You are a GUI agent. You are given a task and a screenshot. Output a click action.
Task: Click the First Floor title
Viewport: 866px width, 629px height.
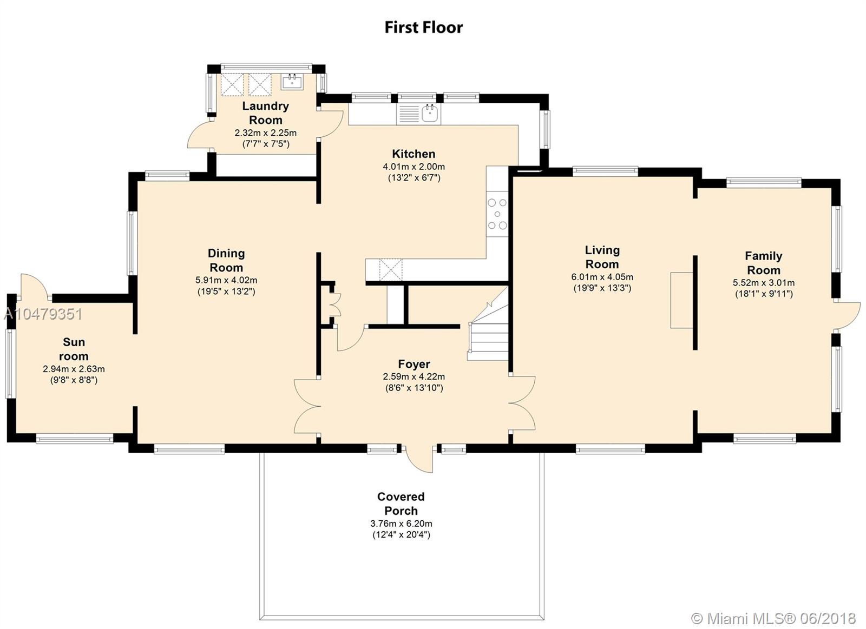[424, 28]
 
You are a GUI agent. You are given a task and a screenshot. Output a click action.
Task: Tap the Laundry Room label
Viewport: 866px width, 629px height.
[266, 113]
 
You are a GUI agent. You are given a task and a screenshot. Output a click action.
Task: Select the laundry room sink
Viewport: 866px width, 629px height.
[292, 82]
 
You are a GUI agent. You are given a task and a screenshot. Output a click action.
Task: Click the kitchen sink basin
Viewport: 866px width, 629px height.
[430, 113]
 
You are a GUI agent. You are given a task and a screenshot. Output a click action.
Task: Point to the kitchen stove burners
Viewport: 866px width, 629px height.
[497, 214]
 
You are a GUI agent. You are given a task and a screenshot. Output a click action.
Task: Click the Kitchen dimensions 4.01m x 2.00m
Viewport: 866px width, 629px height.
[414, 167]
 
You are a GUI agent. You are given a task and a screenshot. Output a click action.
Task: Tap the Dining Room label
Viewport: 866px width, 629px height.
[226, 260]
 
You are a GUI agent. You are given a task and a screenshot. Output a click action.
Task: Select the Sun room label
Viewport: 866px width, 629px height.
[74, 349]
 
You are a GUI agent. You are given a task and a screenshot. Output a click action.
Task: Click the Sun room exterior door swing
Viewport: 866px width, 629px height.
[36, 286]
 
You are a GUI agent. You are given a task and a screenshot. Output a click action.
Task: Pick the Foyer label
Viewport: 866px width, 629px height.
[414, 364]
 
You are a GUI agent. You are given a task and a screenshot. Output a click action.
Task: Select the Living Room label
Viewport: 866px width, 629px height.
[602, 257]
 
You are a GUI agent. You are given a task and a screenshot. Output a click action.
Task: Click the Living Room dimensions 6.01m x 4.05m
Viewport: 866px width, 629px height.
[602, 277]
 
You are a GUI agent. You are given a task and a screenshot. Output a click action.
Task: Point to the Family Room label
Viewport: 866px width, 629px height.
[764, 263]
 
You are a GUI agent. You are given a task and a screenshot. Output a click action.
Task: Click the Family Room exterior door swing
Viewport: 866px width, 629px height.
[847, 315]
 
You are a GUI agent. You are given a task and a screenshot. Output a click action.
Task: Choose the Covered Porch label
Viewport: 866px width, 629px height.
[401, 504]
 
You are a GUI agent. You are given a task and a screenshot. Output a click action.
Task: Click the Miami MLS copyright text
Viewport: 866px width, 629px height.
[773, 618]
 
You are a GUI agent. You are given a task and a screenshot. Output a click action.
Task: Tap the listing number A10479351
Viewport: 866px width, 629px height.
[43, 314]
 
